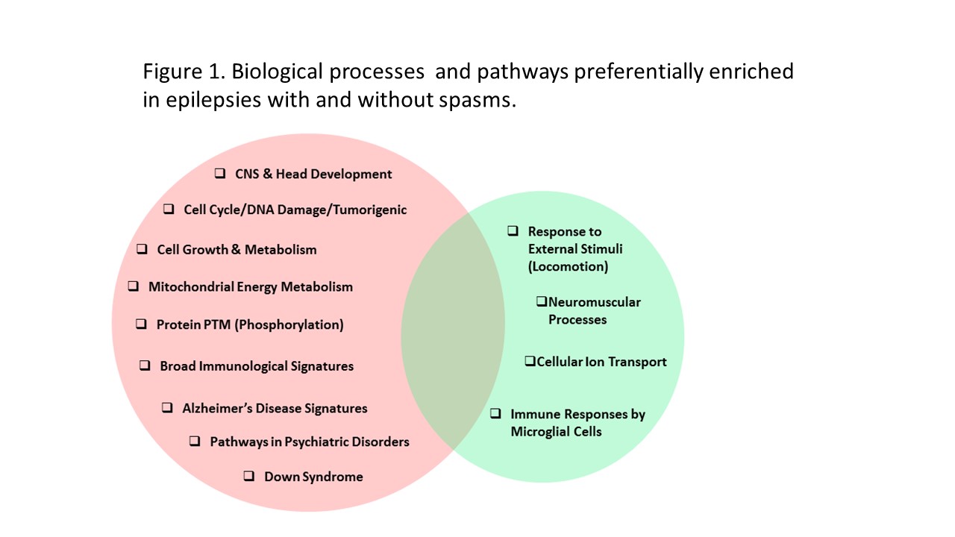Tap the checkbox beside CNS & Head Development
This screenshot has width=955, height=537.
coord(220,173)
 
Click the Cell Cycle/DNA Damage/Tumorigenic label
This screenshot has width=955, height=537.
coord(295,210)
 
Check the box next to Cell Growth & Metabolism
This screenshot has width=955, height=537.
coord(142,249)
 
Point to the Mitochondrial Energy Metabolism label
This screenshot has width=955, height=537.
coord(250,286)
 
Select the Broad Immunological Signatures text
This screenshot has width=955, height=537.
coord(256,365)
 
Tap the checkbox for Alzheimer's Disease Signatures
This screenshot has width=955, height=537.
coord(168,407)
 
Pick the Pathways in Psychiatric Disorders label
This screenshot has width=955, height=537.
coord(309,442)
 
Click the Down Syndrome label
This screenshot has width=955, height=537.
coord(313,477)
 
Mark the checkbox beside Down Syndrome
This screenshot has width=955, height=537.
coord(249,476)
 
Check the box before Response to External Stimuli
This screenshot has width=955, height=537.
coord(513,230)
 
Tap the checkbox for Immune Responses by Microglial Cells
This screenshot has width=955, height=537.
coord(495,413)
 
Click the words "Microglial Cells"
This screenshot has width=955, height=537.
coord(556,431)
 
